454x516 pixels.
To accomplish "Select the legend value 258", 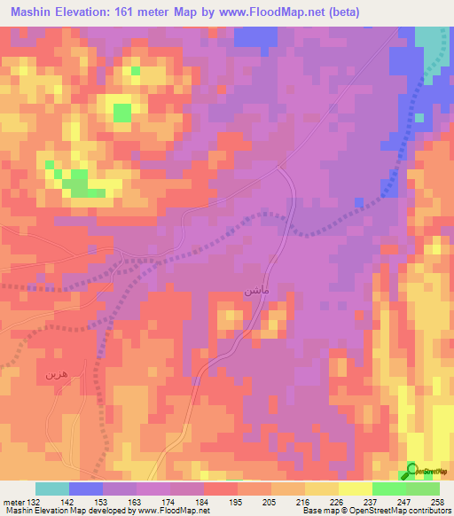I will [x=438, y=502].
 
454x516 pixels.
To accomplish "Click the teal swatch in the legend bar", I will [x=52, y=489].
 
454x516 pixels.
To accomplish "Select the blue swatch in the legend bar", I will [x=86, y=489].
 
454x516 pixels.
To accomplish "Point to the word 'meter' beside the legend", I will [x=14, y=502].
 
